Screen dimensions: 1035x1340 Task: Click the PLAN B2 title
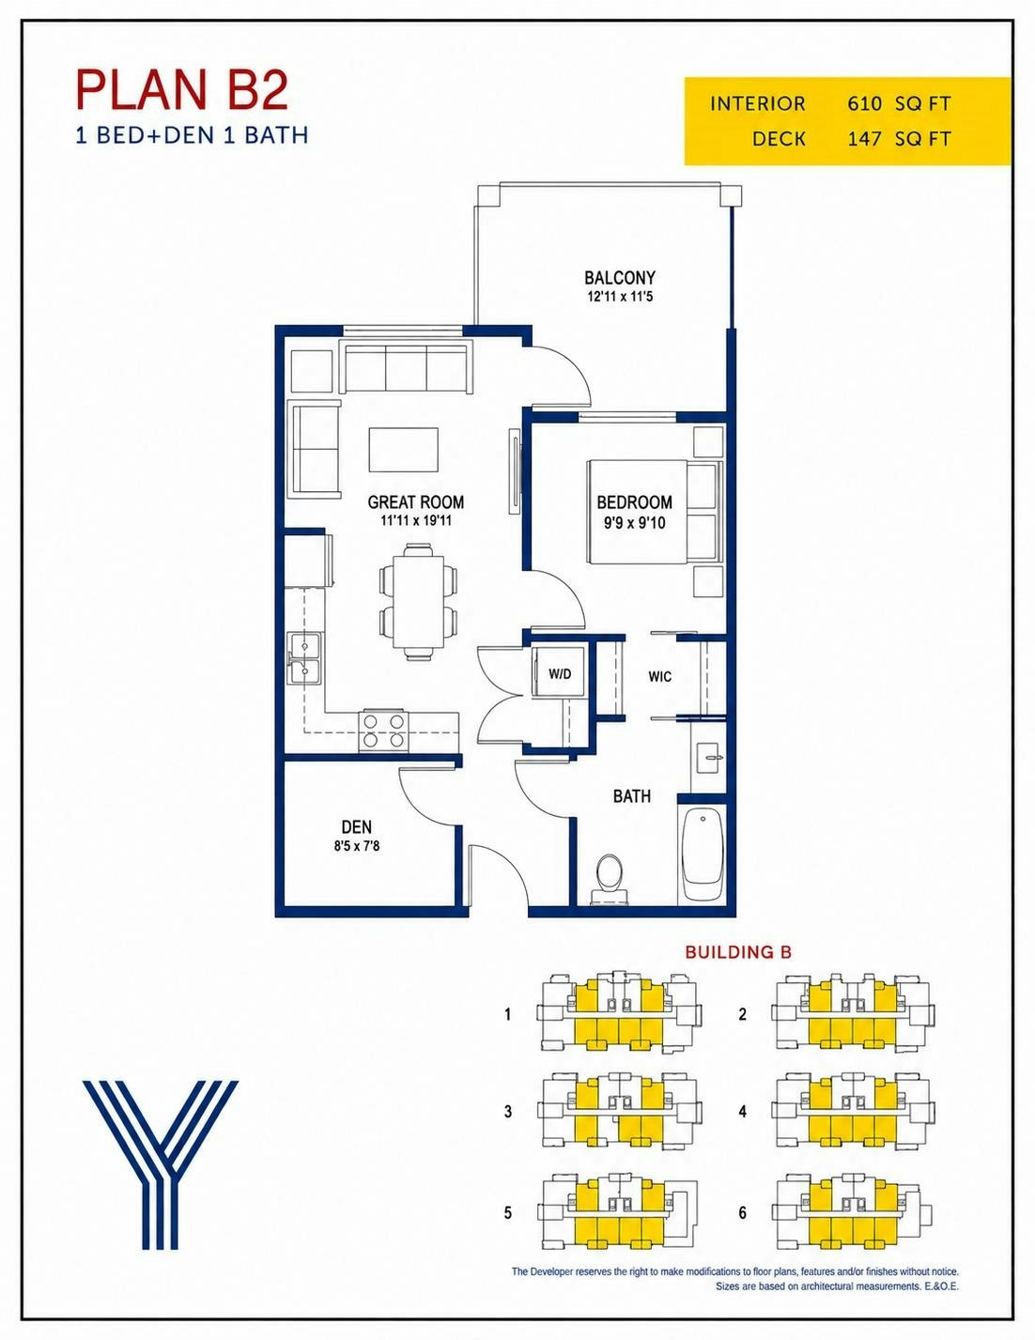point(182,91)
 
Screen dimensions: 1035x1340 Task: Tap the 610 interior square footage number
point(866,103)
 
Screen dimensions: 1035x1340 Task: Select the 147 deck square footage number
point(866,139)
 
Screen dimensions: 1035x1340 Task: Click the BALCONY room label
point(619,277)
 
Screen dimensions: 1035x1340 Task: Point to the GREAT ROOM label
point(416,502)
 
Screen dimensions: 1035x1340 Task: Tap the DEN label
point(357,827)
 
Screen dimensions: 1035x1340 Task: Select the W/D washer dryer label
point(560,674)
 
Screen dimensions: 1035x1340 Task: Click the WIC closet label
point(659,676)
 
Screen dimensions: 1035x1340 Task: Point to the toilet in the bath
point(610,880)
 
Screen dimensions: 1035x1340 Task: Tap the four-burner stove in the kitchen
point(383,731)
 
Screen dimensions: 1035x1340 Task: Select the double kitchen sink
point(305,658)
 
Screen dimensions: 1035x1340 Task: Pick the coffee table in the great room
point(404,450)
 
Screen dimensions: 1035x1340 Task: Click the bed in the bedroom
point(655,511)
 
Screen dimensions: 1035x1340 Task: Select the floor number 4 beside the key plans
point(743,1111)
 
